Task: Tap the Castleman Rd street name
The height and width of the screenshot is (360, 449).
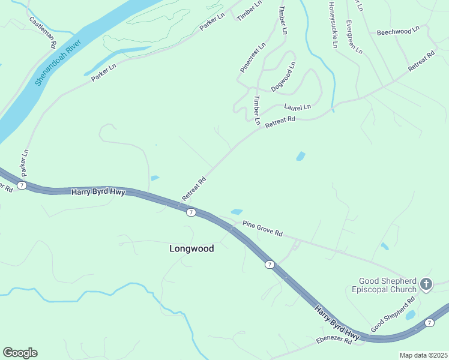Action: pos(43,32)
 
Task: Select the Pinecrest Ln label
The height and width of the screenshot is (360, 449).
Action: pos(253,58)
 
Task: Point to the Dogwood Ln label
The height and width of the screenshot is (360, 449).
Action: pos(283,77)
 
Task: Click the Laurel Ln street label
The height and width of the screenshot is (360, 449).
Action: pos(298,107)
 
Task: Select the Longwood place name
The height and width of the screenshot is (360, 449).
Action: pos(191,248)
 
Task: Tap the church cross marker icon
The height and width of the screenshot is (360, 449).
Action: pos(426,284)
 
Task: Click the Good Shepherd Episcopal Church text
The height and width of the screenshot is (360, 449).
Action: pos(388,284)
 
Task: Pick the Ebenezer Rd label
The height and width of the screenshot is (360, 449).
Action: pos(334,340)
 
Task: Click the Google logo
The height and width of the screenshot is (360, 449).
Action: pos(20,353)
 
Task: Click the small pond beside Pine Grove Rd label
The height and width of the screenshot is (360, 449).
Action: pos(237,211)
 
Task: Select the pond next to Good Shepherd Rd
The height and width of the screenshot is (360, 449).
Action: pos(411,314)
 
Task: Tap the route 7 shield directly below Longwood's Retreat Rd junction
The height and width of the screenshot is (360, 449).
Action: pos(190,212)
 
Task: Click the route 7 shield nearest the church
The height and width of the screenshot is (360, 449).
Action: pos(429,323)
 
